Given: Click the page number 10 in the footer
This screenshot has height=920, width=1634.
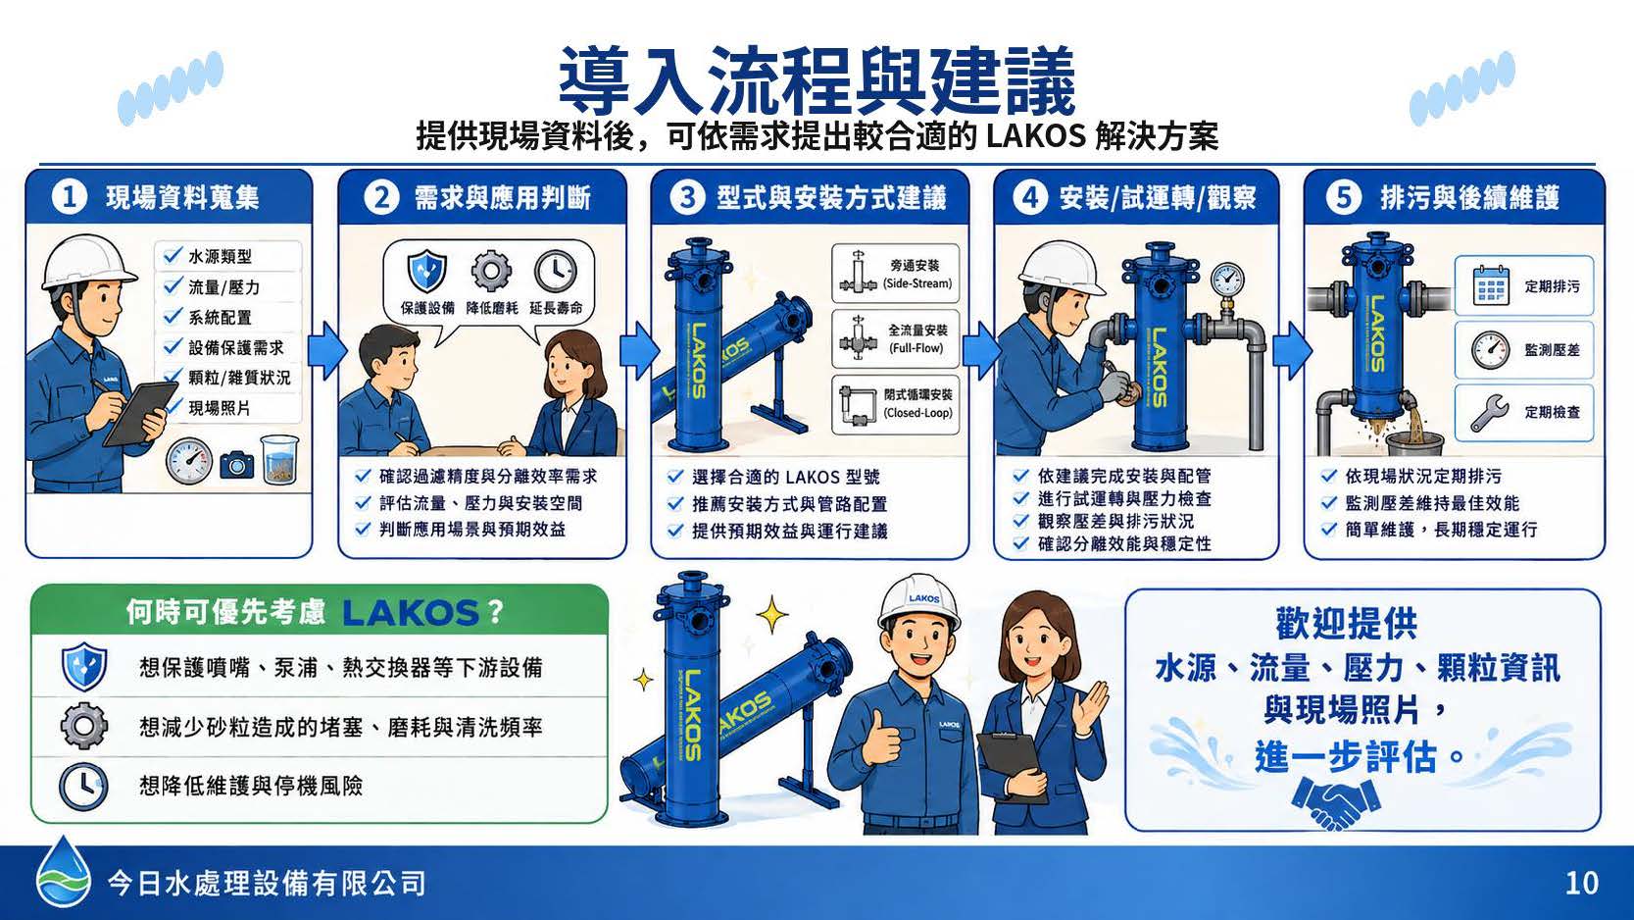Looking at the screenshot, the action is pos(1581,884).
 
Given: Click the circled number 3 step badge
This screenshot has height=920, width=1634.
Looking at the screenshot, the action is pos(687,197).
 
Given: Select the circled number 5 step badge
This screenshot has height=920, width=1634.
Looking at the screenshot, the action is pos(1344,197).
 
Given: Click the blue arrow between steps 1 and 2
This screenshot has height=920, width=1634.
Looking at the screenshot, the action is pos(325,352).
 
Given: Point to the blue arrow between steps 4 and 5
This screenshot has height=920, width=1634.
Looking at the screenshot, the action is pos(1292,350).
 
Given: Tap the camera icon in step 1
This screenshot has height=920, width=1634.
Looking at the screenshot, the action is pos(237,464).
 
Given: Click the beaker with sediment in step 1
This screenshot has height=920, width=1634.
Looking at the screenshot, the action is pos(279,459).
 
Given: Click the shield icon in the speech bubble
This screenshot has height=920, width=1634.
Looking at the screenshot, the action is pos(426,271).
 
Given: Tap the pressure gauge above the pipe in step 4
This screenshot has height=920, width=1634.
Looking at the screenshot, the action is pos(1228,281).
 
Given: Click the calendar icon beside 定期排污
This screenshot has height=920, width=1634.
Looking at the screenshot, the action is pos(1491,285).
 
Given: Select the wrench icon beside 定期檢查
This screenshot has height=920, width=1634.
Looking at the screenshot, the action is pos(1490,413).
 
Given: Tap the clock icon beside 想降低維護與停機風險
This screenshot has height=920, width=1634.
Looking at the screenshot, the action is pos(83,788).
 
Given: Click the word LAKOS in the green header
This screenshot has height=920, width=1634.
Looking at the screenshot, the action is pos(410,613).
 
